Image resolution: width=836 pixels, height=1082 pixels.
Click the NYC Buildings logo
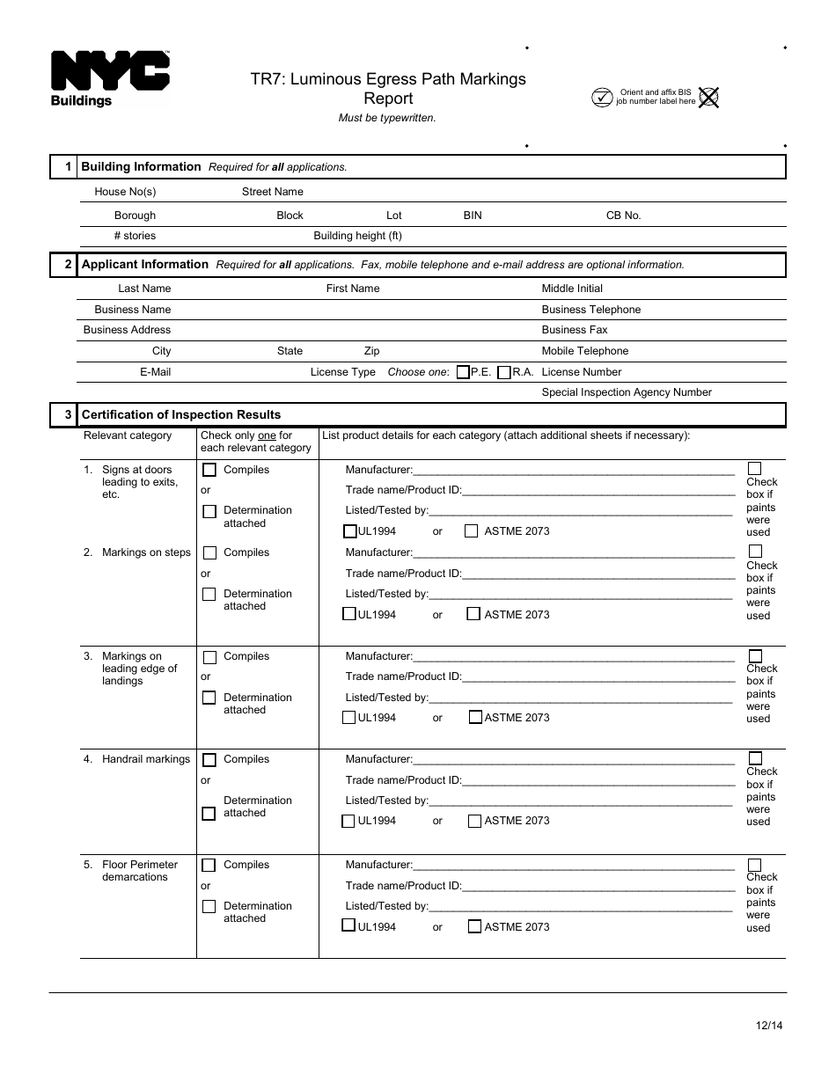coord(109,78)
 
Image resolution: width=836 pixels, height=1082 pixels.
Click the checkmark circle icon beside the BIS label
coord(602,97)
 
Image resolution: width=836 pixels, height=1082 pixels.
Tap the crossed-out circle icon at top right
coord(708,97)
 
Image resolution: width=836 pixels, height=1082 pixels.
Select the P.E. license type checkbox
coord(463,372)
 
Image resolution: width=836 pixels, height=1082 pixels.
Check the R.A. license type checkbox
coord(504,372)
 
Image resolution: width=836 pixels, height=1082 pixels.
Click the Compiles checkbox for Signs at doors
coord(209,470)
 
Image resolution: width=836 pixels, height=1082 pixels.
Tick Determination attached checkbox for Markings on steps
coord(209,594)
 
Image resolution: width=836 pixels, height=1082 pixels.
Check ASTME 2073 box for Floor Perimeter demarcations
coord(475,926)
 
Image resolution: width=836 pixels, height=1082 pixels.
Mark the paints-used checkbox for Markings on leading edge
coord(754,656)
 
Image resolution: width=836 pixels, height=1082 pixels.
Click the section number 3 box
coord(67,414)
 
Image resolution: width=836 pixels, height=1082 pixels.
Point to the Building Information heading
coord(141,166)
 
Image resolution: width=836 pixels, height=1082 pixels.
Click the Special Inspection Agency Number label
coord(627,392)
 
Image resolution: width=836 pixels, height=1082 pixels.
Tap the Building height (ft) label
coord(357,236)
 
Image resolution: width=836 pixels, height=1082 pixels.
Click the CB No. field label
coord(623,216)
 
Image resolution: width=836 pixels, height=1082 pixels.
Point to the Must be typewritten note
coord(387,118)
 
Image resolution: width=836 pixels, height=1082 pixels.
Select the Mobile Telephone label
coord(584,351)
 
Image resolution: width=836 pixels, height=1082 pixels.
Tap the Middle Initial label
coord(572,289)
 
